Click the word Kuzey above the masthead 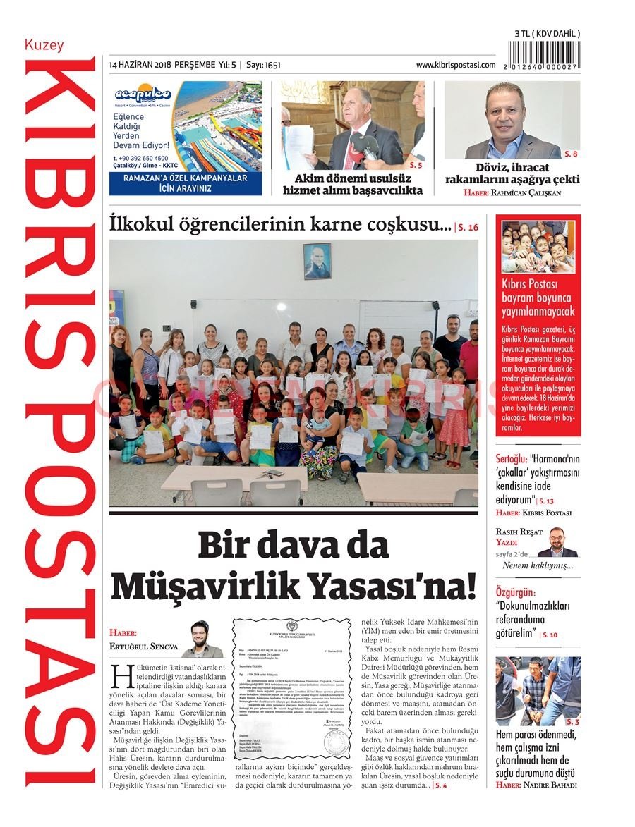(x=44, y=45)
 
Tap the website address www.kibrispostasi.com (x=455, y=65)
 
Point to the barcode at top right (x=547, y=54)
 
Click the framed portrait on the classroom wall (x=317, y=261)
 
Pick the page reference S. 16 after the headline (x=467, y=227)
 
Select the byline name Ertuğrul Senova (x=144, y=646)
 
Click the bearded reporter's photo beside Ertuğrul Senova (x=202, y=639)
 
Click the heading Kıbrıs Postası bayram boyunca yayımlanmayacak (x=538, y=298)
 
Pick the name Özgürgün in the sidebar (x=515, y=593)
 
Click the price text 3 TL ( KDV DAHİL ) (x=547, y=33)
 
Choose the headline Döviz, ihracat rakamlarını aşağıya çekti (x=512, y=173)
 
